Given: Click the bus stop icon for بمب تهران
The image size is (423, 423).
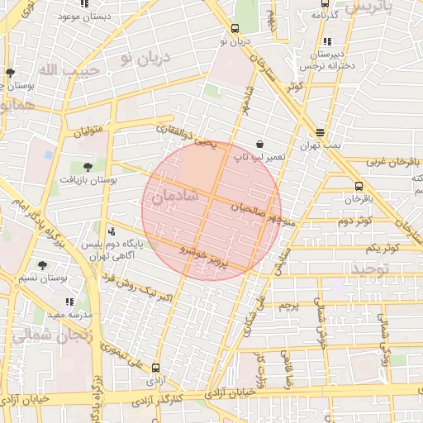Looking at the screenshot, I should [x=320, y=132].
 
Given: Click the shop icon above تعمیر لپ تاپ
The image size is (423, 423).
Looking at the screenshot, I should [x=259, y=143].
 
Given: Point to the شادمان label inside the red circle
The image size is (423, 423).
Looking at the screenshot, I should [x=174, y=197].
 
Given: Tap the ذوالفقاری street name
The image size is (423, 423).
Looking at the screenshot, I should [x=178, y=131].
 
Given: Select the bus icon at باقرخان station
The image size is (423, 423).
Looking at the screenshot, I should [x=358, y=187].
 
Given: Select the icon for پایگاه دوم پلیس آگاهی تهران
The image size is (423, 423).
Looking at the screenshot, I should [x=112, y=232].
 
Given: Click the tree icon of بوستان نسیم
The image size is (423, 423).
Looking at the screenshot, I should [x=42, y=265].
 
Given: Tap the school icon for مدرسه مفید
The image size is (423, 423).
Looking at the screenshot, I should [x=69, y=302].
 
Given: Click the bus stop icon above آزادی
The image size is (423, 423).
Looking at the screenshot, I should [x=156, y=368].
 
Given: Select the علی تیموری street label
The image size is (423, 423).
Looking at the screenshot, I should [x=124, y=354].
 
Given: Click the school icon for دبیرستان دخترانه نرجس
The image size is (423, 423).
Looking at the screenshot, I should [x=328, y=40].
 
